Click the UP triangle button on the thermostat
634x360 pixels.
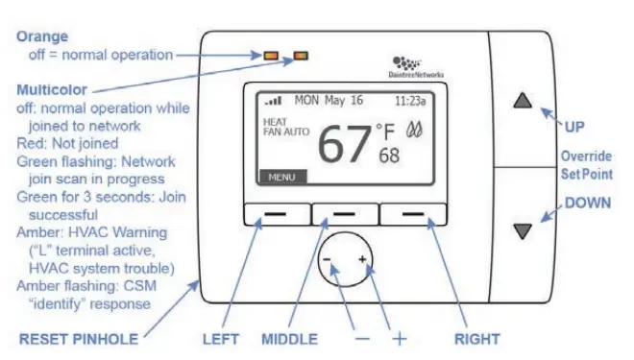click(522, 99)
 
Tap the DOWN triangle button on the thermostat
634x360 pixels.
click(522, 230)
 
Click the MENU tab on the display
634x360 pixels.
click(281, 178)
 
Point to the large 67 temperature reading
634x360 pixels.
click(344, 144)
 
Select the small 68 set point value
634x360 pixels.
click(389, 156)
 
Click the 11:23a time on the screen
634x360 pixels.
click(412, 100)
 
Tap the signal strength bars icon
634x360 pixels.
click(276, 100)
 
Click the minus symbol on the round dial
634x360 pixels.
click(327, 260)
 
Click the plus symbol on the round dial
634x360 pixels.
click(362, 260)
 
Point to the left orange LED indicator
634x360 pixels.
click(272, 55)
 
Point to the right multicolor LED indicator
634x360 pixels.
click(303, 55)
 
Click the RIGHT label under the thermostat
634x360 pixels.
click(475, 339)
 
